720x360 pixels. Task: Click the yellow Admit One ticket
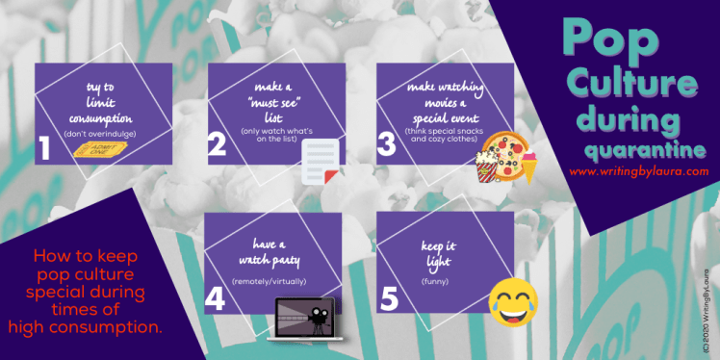click(100, 149)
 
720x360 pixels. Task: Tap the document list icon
click(320, 162)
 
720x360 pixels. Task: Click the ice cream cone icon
click(528, 166)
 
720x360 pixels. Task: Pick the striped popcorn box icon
click(487, 167)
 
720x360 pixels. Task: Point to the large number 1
click(44, 148)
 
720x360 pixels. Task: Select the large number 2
click(217, 145)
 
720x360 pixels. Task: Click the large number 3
click(386, 144)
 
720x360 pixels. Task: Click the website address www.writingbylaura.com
click(639, 171)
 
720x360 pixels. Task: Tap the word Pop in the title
click(610, 39)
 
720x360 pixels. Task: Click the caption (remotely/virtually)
click(269, 281)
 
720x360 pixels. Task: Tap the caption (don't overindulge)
click(100, 134)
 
